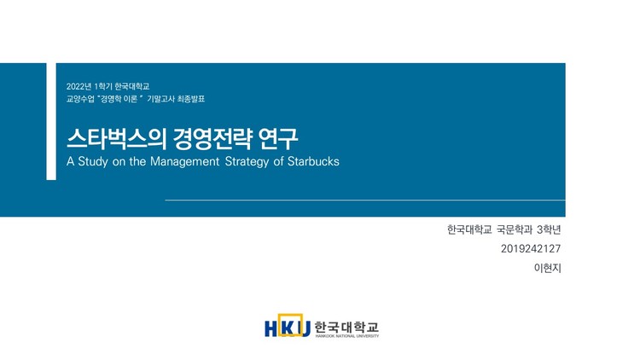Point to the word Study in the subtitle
(x=94, y=161)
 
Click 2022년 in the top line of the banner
(x=79, y=86)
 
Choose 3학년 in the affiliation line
(x=549, y=229)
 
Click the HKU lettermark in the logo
(x=287, y=327)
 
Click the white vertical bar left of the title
(x=51, y=121)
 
